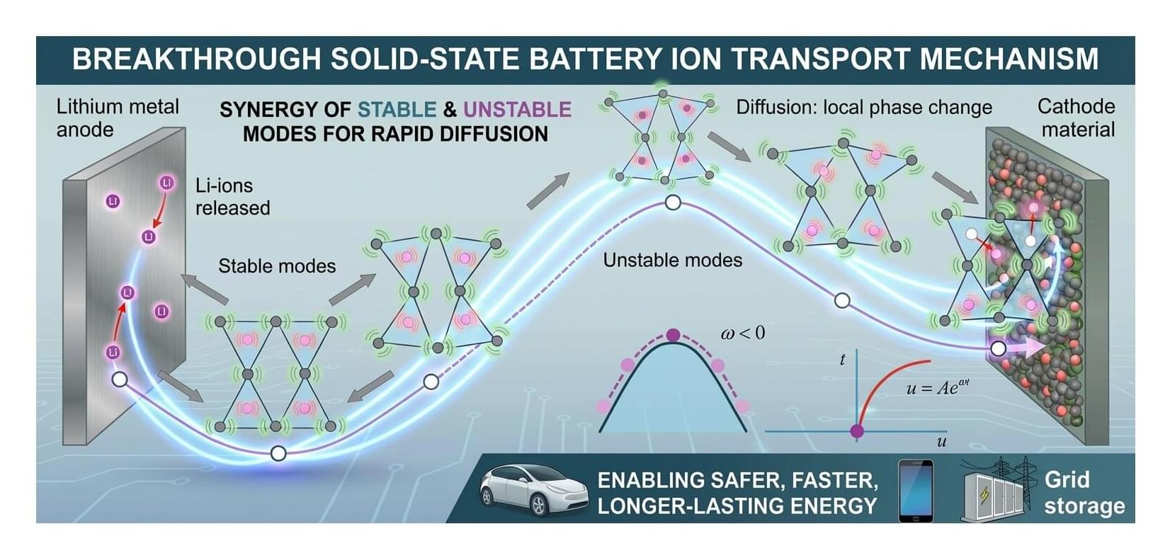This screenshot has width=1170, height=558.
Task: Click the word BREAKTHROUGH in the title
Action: click(x=196, y=59)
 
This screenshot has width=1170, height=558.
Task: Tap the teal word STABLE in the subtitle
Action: click(x=397, y=110)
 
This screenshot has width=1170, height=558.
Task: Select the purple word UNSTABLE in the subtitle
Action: click(x=517, y=110)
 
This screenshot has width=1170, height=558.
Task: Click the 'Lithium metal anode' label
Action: click(x=118, y=118)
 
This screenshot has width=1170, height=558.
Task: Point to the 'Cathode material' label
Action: click(x=1077, y=118)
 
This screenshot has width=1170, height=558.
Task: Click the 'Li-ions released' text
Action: click(x=232, y=197)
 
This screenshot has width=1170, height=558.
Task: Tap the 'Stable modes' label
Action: click(x=277, y=266)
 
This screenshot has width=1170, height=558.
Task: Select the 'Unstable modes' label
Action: click(x=673, y=260)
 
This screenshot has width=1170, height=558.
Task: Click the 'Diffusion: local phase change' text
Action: click(x=864, y=108)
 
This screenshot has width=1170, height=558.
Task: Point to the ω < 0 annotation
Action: click(x=743, y=333)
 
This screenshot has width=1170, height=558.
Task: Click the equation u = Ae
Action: click(x=938, y=387)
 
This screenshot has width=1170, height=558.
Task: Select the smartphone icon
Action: click(x=916, y=491)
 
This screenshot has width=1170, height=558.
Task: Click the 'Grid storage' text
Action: click(x=1084, y=494)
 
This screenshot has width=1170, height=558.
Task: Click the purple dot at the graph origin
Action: click(x=857, y=431)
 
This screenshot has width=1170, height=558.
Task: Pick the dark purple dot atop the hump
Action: click(x=674, y=335)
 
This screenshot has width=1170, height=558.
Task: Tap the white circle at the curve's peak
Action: click(x=673, y=203)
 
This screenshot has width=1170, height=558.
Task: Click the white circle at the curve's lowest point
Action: click(x=278, y=453)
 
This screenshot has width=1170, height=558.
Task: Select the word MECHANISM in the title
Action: click(x=1009, y=59)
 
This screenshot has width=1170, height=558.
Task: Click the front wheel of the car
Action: click(x=538, y=505)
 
